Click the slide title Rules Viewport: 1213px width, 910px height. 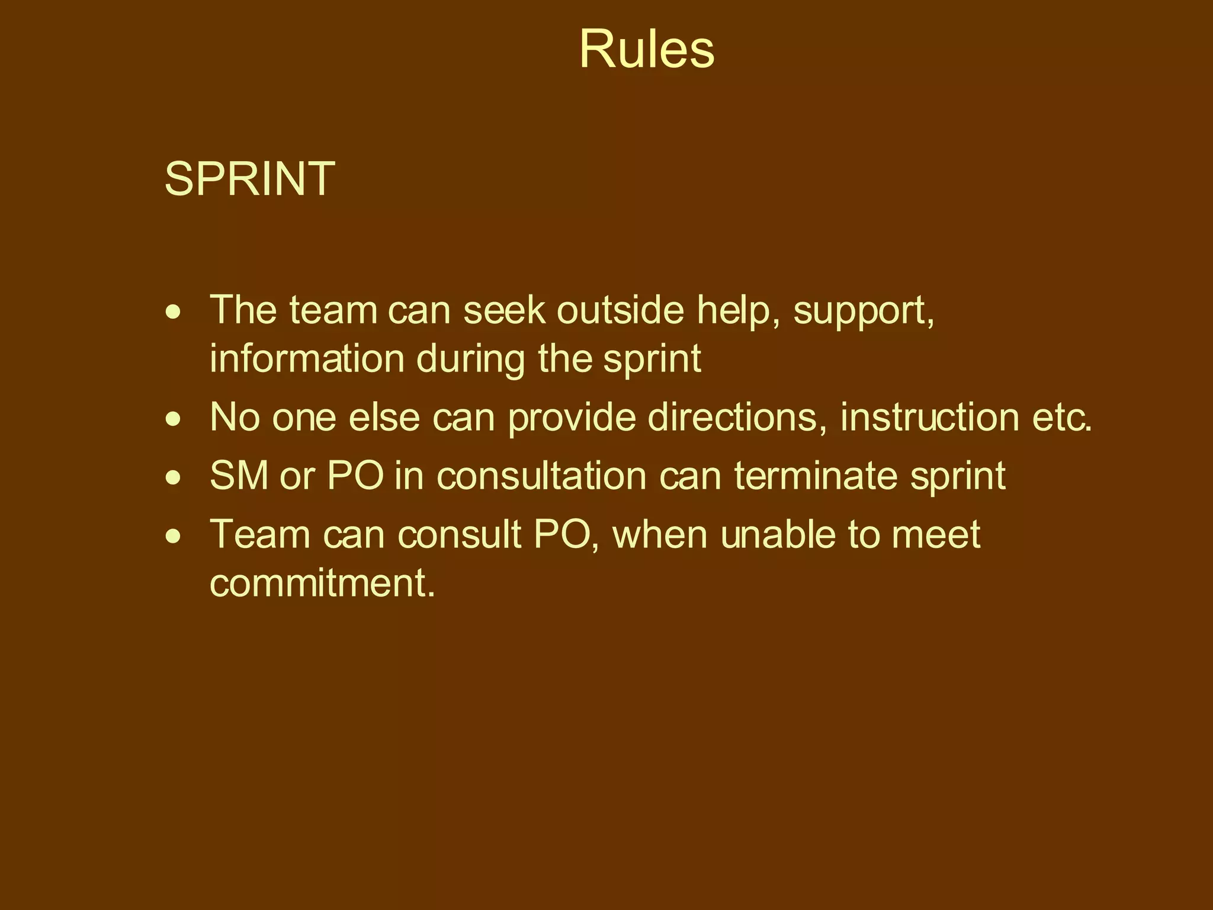click(646, 50)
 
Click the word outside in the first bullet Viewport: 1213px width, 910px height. click(620, 310)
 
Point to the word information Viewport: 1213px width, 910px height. click(307, 358)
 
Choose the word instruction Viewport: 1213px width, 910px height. click(929, 417)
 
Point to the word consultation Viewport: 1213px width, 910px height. click(541, 476)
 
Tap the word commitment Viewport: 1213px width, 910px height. click(322, 583)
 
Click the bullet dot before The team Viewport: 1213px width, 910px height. click(173, 312)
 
